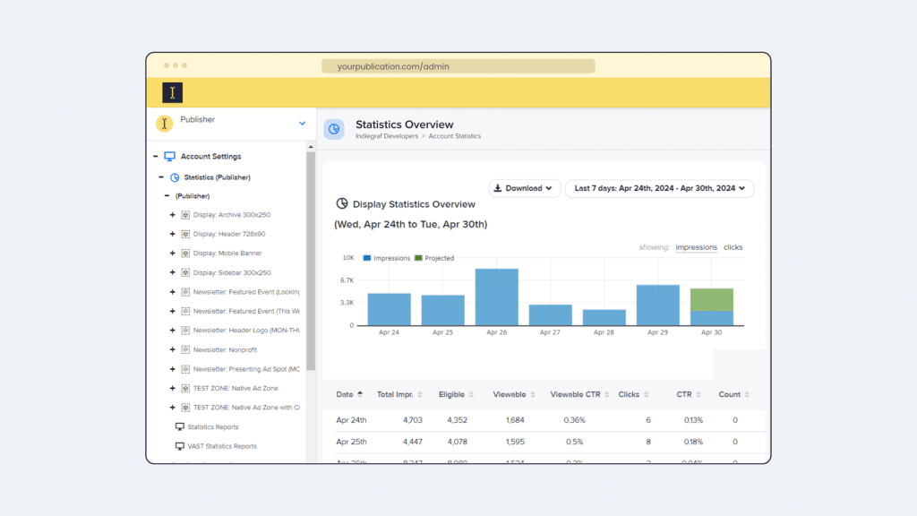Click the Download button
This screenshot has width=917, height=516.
[525, 188]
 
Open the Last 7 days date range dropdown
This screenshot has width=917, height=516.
[659, 188]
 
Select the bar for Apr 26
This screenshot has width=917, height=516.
[496, 297]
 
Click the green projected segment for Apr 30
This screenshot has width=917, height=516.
[711, 299]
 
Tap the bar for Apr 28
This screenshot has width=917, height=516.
[604, 317]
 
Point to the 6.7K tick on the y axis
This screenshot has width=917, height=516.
[347, 280]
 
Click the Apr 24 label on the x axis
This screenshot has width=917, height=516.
[389, 332]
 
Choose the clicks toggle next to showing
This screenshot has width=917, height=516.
[733, 247]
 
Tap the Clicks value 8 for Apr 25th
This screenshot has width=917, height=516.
[647, 442]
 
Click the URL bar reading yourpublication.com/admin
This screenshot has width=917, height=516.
[458, 66]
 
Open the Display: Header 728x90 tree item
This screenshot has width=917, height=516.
[229, 234]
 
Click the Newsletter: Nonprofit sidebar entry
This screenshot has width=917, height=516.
[225, 349]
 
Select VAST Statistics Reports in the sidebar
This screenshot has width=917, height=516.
[221, 446]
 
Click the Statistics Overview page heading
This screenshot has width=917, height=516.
[404, 125]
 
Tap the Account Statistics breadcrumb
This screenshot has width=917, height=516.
[454, 136]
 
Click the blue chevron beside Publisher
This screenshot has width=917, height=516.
[302, 124]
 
